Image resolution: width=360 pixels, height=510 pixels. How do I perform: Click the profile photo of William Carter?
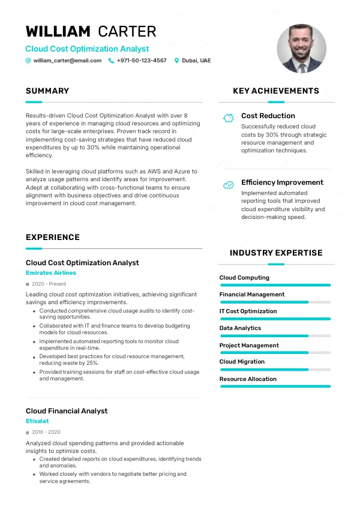(x=301, y=49)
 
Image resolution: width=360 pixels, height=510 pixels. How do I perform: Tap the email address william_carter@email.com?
(x=67, y=61)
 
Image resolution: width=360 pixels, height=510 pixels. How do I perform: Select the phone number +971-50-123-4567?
(x=142, y=61)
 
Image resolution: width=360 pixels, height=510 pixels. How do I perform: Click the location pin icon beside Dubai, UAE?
(x=176, y=61)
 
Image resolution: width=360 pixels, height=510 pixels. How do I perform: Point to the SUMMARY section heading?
(x=47, y=91)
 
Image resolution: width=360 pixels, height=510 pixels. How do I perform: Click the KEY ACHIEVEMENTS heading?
(x=276, y=91)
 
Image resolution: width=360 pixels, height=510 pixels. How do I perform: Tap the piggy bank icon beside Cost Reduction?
(x=228, y=118)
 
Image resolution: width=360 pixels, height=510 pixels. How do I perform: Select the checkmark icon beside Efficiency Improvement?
(x=228, y=185)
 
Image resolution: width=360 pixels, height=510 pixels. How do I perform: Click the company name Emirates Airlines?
(x=51, y=273)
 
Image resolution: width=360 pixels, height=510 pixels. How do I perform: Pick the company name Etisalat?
(x=37, y=421)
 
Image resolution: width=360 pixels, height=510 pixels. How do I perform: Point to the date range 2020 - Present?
(x=49, y=284)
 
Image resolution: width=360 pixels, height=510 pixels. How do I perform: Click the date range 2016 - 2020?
(x=46, y=432)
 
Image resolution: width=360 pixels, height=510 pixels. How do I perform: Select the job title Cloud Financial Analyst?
(x=67, y=411)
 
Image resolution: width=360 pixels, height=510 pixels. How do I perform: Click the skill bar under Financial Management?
(x=275, y=302)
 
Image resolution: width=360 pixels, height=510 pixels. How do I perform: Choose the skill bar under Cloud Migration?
(x=275, y=370)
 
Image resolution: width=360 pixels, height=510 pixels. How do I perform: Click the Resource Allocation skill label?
(x=248, y=379)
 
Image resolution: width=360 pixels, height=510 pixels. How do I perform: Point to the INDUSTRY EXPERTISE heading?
(x=276, y=253)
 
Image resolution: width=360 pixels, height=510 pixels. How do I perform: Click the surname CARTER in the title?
(x=127, y=31)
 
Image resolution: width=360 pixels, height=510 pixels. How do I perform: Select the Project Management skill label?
(x=249, y=346)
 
